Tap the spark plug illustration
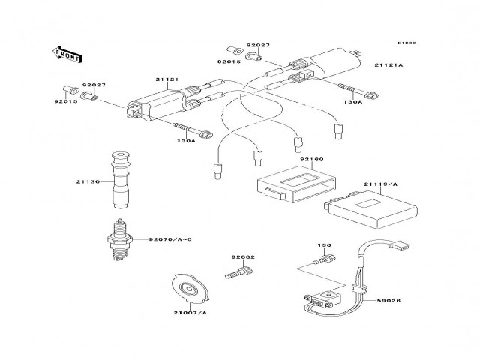[117, 239]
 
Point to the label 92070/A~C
[171, 238]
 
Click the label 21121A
[388, 65]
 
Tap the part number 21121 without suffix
[166, 78]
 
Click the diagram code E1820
[406, 43]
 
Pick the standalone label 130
[323, 245]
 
